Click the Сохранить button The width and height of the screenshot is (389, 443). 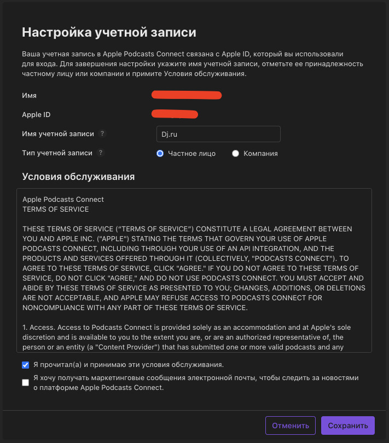point(348,425)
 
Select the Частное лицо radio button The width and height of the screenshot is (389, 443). point(160,154)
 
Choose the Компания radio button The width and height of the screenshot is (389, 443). point(236,154)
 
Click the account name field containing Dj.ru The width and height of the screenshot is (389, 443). point(218,134)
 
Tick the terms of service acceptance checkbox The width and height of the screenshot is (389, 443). point(26,365)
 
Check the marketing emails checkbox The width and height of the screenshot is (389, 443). point(26,383)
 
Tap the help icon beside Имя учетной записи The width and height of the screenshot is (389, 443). point(102,134)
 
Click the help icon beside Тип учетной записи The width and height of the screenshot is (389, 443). point(101,153)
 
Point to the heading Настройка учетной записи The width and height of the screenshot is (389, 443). point(109,32)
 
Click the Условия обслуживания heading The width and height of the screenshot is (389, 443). point(78,177)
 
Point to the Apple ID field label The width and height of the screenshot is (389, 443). point(40,115)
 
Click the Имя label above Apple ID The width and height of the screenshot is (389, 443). point(30,96)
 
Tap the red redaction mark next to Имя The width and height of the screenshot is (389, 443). point(187,96)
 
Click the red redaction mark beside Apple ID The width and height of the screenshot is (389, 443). point(175,114)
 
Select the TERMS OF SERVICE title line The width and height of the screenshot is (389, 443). point(55,209)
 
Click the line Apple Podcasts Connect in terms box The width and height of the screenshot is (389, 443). point(63,200)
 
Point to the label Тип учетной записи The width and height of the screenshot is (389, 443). point(57,153)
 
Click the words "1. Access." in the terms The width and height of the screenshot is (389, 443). point(37,327)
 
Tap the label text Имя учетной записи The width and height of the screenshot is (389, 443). point(58,134)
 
